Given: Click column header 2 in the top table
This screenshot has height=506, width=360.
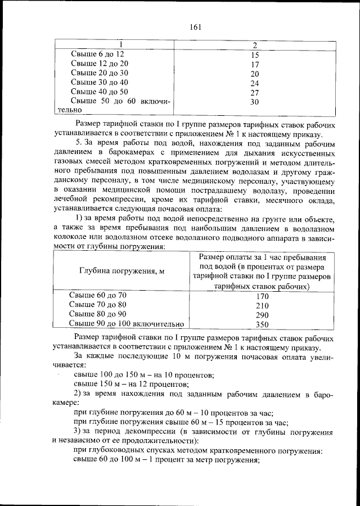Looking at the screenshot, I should coord(254,44).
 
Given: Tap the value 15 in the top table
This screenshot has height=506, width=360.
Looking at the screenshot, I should coord(254,55).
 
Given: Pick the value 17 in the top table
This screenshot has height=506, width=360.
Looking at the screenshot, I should coord(254,64).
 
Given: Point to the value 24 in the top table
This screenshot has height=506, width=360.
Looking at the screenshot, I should coord(254,83).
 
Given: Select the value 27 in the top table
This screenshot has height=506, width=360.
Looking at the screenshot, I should coord(254,92).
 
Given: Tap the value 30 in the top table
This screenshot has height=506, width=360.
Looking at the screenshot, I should coord(254,102).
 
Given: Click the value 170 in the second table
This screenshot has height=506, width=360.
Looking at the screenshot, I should coord(262,296).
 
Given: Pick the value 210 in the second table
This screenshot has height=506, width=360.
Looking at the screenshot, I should coord(262,305).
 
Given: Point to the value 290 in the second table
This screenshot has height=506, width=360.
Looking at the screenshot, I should coord(262,315).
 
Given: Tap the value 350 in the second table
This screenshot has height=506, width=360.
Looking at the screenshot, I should coord(262,324).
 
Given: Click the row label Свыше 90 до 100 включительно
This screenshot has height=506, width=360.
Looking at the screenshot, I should coord(126,324).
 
